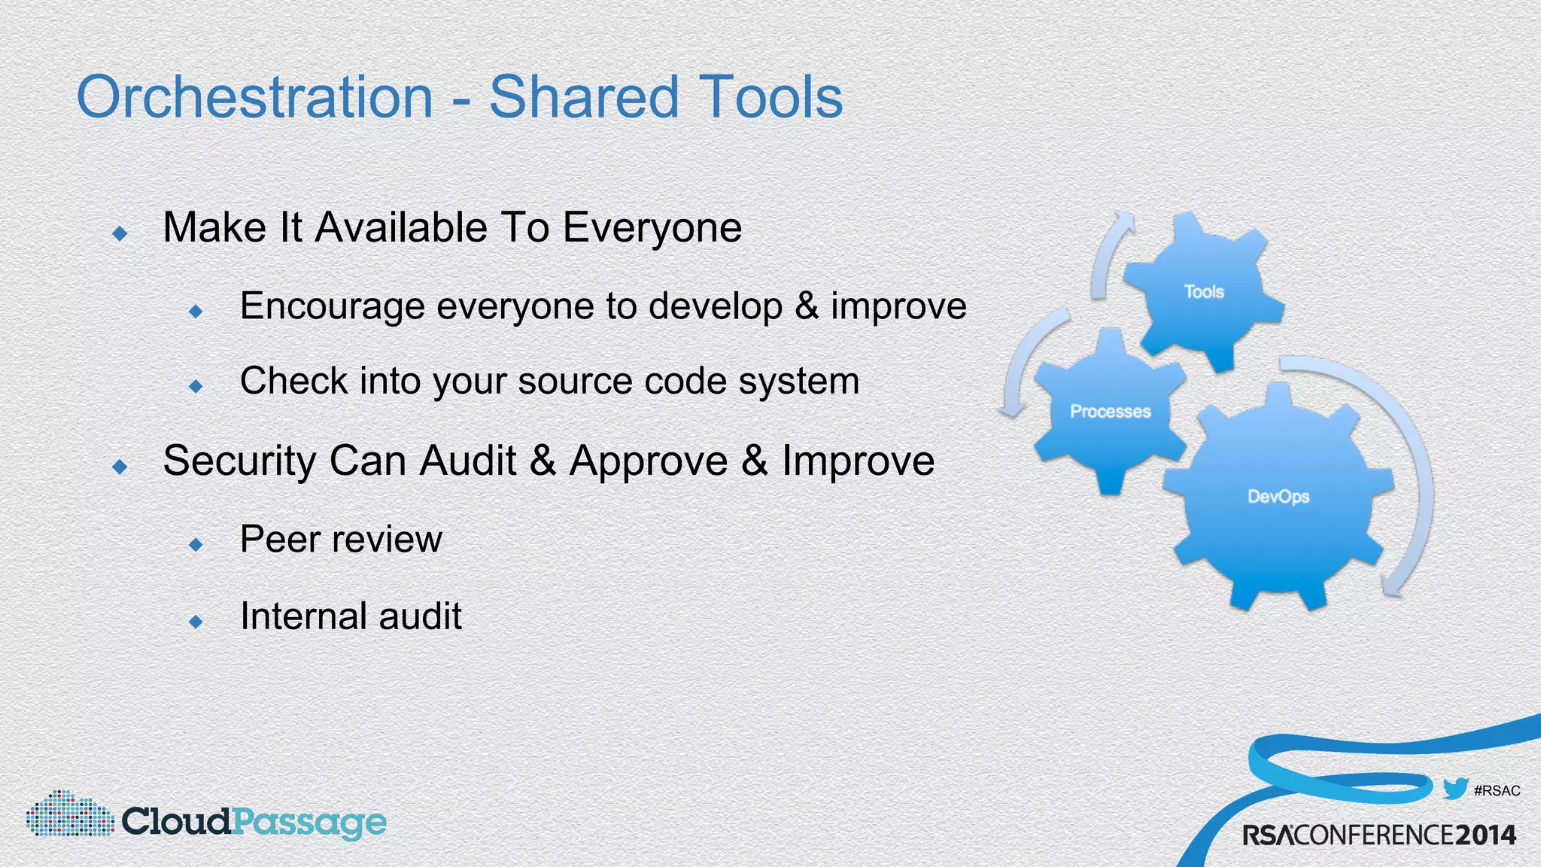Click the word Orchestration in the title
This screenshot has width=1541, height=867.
[x=255, y=97]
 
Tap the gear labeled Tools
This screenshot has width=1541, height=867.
[x=1204, y=292]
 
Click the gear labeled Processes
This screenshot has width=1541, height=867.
[x=1110, y=412]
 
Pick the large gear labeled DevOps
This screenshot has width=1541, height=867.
[x=1278, y=497]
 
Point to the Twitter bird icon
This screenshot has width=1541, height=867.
[x=1455, y=788]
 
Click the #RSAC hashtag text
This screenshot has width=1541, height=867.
[x=1497, y=790]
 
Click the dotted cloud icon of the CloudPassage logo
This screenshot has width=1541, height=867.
[x=69, y=814]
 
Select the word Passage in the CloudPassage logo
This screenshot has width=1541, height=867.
[x=309, y=822]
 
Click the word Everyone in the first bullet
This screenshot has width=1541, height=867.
[x=652, y=227]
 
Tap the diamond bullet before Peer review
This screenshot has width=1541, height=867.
[x=196, y=543]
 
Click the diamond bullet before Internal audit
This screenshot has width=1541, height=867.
[x=196, y=621]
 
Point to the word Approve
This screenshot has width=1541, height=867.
[x=649, y=461]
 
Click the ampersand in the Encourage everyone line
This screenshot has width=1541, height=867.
[x=807, y=306]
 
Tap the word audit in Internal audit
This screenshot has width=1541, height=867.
[x=420, y=616]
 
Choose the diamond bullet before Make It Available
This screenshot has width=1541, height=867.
[x=120, y=233]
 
